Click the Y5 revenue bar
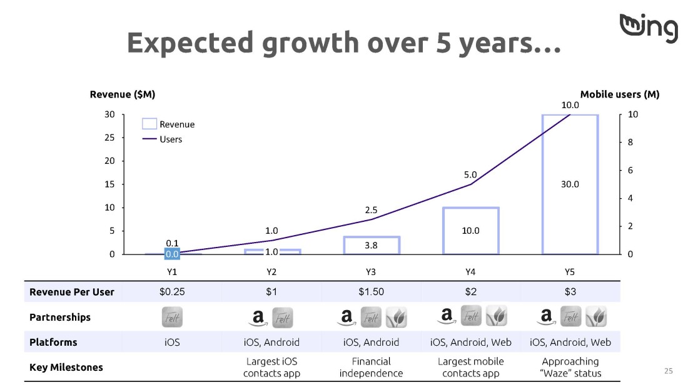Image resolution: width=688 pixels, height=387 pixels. point(543,184)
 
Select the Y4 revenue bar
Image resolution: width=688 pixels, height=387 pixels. point(443,231)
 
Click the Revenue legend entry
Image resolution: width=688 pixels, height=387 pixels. point(168,124)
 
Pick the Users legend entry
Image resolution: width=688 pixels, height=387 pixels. point(162,139)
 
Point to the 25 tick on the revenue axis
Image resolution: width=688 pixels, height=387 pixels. point(109,138)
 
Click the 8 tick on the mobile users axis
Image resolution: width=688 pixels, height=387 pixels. point(630,142)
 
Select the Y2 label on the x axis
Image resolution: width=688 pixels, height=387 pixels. point(271,272)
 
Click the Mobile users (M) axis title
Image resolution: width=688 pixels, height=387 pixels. point(620,94)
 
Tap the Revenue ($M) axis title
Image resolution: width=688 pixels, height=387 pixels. point(123,94)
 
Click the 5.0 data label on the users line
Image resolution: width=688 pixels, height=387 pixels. point(470,174)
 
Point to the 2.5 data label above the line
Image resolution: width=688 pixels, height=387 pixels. point(371,210)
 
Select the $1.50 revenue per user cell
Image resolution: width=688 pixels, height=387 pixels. point(371,292)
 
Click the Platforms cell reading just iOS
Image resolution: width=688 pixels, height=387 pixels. point(172,342)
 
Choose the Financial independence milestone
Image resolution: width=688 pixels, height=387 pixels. point(371,367)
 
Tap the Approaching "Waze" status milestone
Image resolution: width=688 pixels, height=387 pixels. point(570,367)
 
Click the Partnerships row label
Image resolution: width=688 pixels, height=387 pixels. point(59,317)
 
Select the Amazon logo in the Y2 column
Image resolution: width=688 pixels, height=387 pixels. point(258,318)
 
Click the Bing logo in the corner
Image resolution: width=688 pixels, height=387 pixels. point(649,28)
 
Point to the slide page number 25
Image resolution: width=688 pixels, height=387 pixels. point(668,371)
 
